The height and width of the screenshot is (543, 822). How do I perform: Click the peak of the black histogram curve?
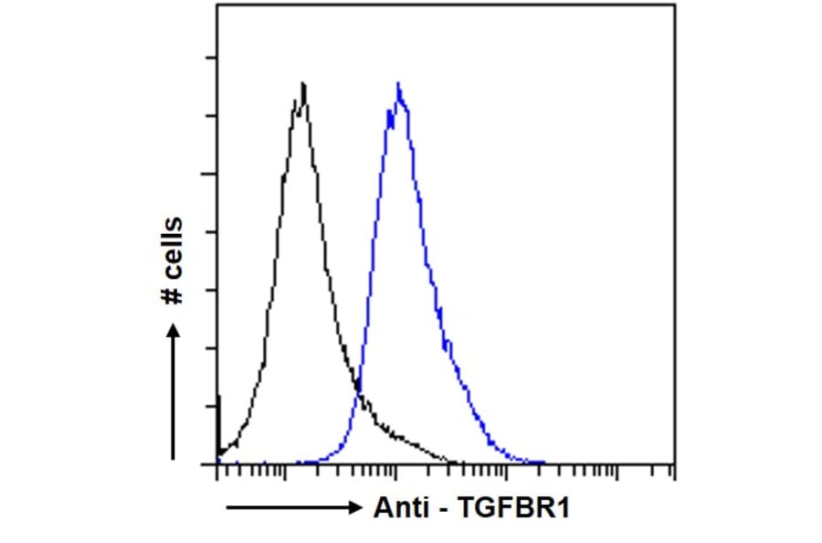(x=302, y=84)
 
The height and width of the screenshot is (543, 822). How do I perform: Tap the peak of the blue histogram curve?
(x=398, y=83)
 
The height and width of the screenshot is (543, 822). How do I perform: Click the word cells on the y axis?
(x=172, y=246)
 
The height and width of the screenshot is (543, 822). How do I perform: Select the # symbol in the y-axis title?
(x=172, y=293)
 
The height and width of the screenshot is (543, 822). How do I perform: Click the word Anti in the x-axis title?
(x=398, y=508)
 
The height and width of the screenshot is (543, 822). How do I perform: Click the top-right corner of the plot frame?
(x=675, y=5)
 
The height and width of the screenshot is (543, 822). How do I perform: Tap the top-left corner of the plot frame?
(x=216, y=5)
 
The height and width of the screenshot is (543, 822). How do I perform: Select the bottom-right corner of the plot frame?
(x=675, y=464)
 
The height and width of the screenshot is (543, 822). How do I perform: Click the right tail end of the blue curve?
(x=544, y=463)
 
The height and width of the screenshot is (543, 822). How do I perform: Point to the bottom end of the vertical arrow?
(x=174, y=457)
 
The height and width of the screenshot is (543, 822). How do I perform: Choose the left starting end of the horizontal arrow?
(x=227, y=508)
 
